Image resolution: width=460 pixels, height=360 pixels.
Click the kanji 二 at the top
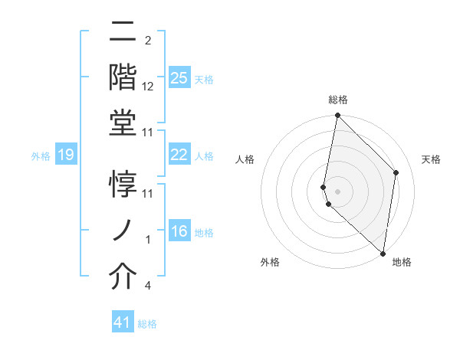click(x=123, y=32)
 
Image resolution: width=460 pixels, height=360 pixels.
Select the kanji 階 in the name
click(x=123, y=77)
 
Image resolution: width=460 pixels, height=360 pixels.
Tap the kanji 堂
click(x=123, y=124)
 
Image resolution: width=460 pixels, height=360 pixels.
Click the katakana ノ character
click(x=123, y=231)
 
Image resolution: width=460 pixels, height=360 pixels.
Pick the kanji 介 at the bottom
click(x=123, y=277)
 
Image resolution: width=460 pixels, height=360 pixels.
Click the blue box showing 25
click(x=179, y=77)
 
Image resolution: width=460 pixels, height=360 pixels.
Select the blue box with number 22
click(x=179, y=155)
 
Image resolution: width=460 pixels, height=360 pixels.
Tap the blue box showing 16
click(x=179, y=231)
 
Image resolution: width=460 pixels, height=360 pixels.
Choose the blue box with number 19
click(x=65, y=155)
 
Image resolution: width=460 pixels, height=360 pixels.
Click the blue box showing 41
click(x=123, y=322)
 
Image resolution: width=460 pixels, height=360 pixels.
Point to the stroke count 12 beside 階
click(x=148, y=87)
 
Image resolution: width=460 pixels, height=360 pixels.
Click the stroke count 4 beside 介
click(x=147, y=286)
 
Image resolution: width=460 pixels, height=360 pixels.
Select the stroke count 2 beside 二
click(x=147, y=41)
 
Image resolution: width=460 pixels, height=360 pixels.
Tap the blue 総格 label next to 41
click(x=147, y=324)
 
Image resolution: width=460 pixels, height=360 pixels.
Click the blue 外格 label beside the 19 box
click(x=41, y=156)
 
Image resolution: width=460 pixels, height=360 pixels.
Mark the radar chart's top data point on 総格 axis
click(x=337, y=116)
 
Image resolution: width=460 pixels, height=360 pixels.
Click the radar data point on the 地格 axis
click(x=383, y=253)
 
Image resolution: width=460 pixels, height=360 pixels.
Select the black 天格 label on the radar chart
click(x=431, y=159)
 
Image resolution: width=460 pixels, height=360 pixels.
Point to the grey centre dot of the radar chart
click(x=337, y=190)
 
